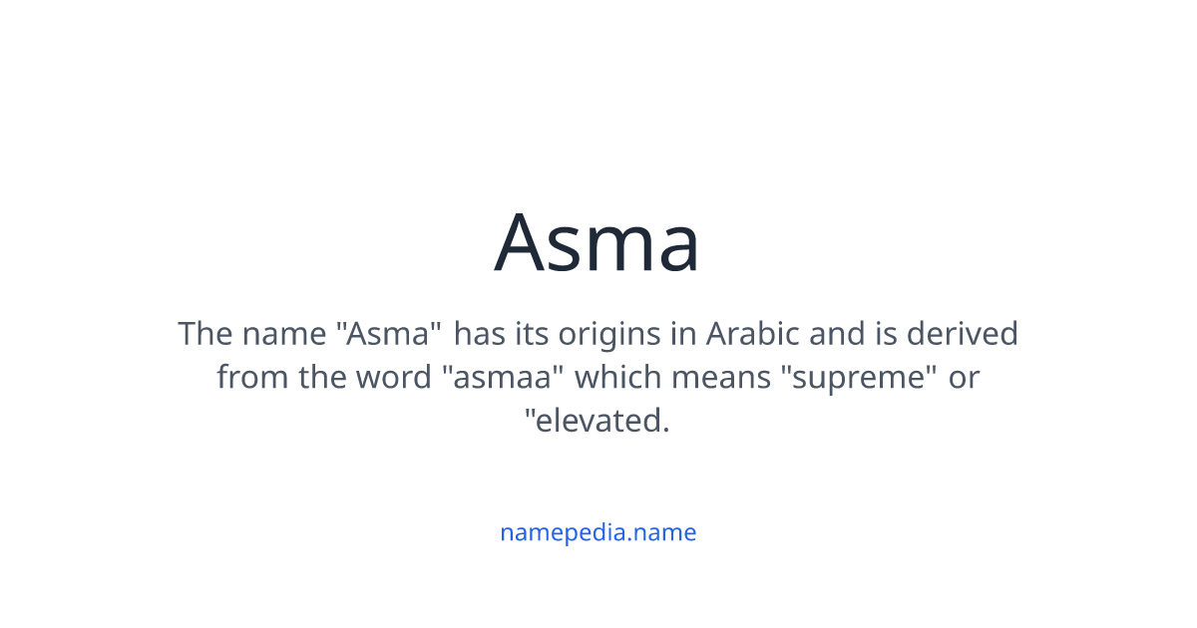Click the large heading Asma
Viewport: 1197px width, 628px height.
(x=598, y=242)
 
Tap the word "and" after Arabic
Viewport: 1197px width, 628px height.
(x=836, y=334)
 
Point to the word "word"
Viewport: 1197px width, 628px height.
(x=393, y=378)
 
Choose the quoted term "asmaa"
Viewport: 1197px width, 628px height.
(x=503, y=378)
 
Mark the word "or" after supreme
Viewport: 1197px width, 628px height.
(x=964, y=378)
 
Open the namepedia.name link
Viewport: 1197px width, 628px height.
(x=598, y=532)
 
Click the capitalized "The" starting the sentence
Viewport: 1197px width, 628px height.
(x=204, y=334)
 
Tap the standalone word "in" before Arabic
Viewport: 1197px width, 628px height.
(x=683, y=334)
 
